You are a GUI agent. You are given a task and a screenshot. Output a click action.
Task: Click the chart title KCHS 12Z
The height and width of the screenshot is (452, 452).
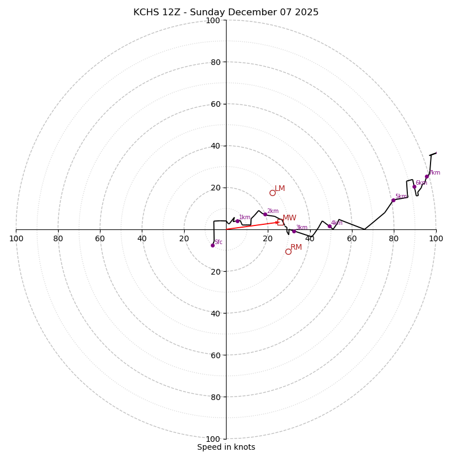226,12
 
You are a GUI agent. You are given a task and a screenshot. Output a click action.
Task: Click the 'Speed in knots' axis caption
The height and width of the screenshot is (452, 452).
226,447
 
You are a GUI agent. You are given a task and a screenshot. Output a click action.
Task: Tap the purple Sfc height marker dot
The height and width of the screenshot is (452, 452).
212,245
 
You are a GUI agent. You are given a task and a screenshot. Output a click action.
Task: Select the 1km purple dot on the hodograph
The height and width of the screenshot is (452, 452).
237,221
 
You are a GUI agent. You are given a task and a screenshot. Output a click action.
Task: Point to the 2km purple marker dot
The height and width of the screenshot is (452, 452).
265,214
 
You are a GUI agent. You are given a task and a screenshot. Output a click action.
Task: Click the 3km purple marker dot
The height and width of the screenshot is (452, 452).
294,231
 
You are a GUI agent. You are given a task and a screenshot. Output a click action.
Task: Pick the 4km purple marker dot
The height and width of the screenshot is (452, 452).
329,227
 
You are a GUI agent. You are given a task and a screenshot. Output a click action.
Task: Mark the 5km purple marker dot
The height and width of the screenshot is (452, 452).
393,200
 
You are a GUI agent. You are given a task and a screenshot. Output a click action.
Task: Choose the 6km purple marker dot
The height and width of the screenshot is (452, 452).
414,186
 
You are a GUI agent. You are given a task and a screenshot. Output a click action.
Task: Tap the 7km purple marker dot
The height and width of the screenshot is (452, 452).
427,176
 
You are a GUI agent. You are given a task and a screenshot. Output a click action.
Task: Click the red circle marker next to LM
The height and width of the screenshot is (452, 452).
272,193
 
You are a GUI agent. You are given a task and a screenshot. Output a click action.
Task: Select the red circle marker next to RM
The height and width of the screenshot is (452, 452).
288,251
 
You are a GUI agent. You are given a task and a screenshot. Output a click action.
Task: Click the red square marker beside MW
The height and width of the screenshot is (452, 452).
280,222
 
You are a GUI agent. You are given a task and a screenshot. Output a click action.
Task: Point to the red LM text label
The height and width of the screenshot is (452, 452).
280,189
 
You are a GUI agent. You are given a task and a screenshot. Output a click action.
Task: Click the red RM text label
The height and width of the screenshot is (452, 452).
296,247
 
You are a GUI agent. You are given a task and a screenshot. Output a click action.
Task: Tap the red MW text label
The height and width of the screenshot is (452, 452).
289,218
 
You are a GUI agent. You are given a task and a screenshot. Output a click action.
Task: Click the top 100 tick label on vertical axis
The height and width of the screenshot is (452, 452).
213,20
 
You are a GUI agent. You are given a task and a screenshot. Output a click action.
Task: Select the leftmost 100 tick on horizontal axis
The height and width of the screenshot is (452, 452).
16,238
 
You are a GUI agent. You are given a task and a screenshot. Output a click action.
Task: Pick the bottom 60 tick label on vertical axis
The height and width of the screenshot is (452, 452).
215,355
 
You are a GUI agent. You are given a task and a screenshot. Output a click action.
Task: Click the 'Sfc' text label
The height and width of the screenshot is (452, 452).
219,242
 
